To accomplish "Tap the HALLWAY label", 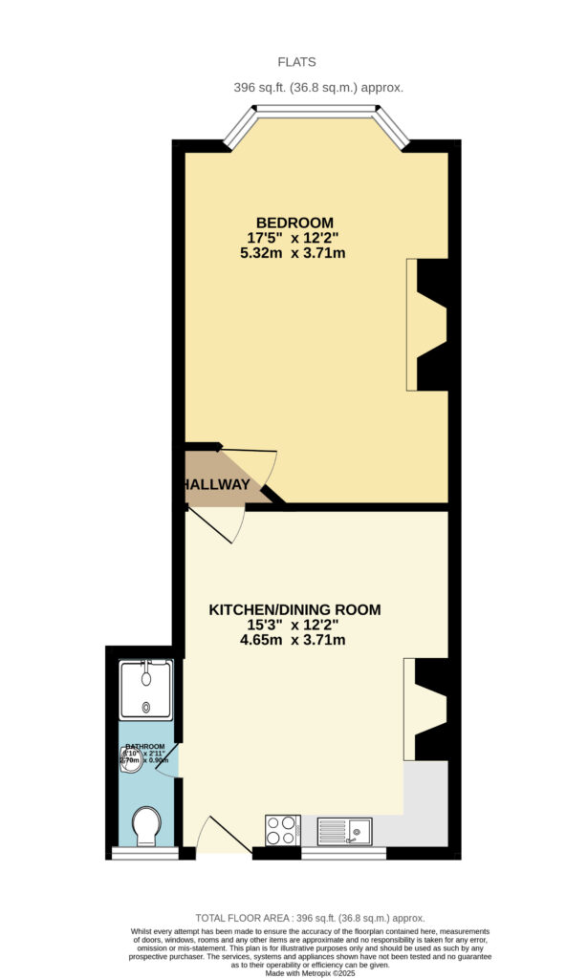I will pyautogui.click(x=217, y=485).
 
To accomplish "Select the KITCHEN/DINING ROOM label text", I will pyautogui.click(x=294, y=609).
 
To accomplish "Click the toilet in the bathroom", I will pyautogui.click(x=146, y=824).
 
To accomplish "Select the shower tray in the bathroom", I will pyautogui.click(x=145, y=691).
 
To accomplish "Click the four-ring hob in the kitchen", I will pyautogui.click(x=282, y=830).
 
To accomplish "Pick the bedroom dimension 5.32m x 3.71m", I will pyautogui.click(x=293, y=253).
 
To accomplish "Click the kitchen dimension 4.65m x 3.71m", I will pyautogui.click(x=293, y=640).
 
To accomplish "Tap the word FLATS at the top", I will pyautogui.click(x=296, y=62).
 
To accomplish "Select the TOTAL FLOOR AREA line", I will pyautogui.click(x=309, y=918).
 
